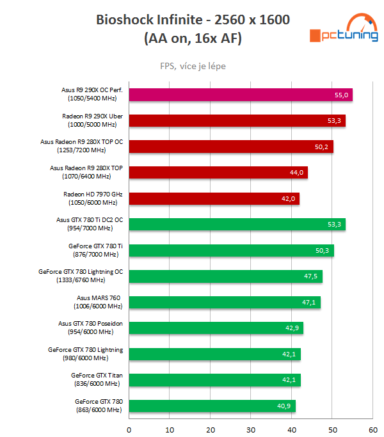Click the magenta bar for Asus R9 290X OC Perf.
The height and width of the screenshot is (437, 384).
pos(240,95)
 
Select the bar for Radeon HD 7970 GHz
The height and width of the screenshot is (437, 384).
pos(214,198)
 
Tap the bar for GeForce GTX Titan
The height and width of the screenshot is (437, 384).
pos(214,380)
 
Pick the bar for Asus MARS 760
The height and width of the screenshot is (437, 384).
pos(224,302)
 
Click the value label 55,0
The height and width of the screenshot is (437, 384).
pos(341,95)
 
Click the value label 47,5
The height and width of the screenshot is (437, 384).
pos(311,276)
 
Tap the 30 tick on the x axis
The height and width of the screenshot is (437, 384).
pos(251,429)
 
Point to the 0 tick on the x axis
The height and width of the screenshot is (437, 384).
pos(129,429)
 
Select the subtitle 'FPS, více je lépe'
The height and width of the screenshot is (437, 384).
pos(193,66)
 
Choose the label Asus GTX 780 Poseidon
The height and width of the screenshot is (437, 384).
pos(90,328)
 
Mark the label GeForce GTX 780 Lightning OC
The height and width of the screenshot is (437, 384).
pos(81,276)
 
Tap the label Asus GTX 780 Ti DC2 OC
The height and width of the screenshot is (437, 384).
pos(90,224)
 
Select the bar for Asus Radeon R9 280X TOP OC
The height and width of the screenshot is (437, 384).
pos(230,147)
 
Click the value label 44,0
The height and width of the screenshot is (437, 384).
pos(296,173)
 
